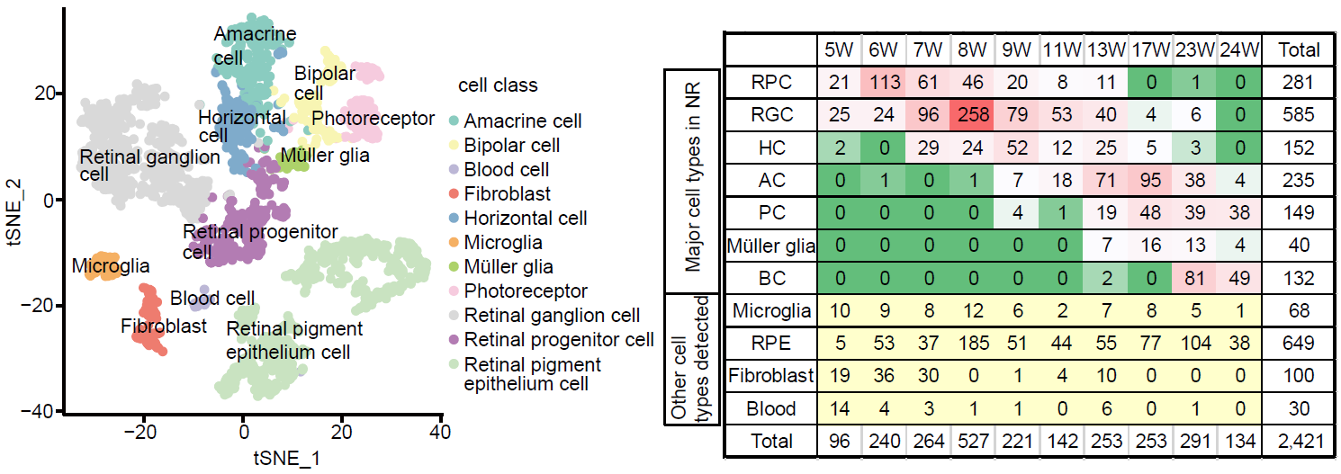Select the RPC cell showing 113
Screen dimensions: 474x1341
(x=884, y=82)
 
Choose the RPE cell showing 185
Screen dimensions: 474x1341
(x=973, y=343)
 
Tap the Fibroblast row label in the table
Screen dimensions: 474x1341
(x=772, y=375)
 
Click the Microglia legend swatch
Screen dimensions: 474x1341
(x=454, y=243)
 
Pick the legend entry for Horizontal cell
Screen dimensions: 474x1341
(x=526, y=219)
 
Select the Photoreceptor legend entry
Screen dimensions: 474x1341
(x=526, y=291)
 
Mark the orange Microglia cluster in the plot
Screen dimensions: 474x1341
(x=102, y=267)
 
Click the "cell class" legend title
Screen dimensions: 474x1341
(x=498, y=86)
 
